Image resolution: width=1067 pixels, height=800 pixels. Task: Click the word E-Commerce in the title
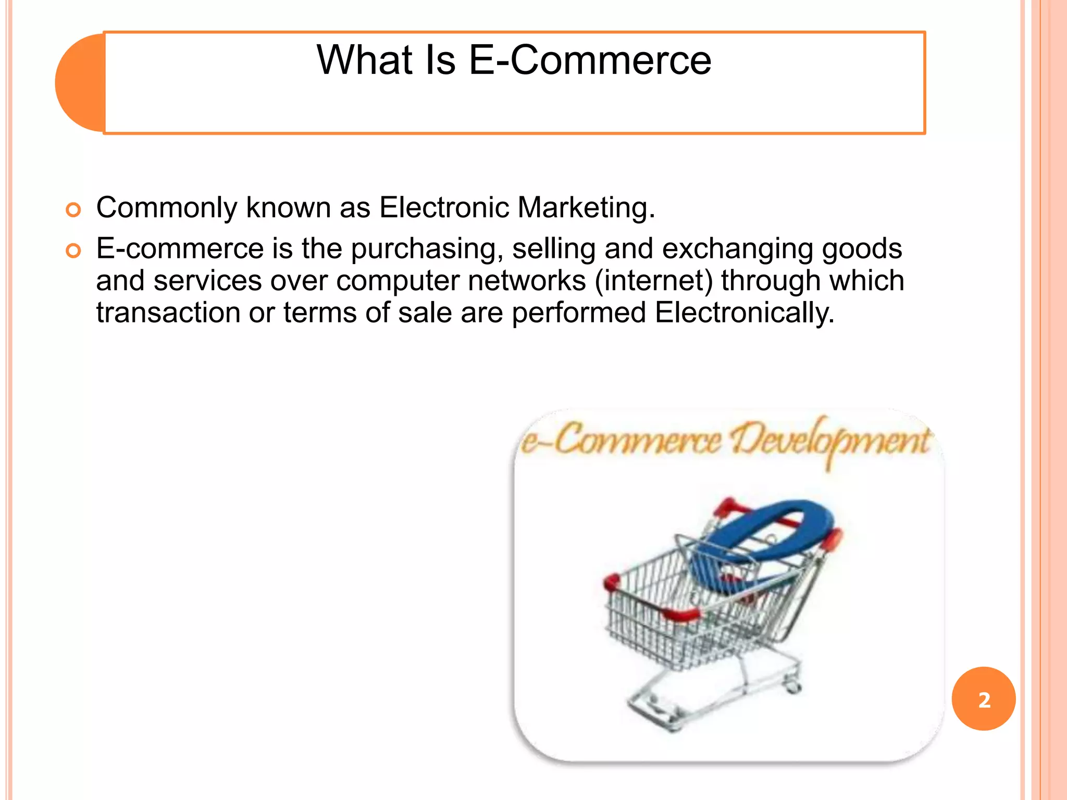point(590,60)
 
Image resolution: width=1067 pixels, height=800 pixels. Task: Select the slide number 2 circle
point(983,699)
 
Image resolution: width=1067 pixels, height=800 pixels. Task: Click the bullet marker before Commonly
point(73,210)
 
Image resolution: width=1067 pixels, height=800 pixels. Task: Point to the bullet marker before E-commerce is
point(73,251)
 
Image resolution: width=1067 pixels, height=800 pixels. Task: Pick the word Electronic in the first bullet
point(444,207)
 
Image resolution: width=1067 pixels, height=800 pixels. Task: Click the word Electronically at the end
point(744,312)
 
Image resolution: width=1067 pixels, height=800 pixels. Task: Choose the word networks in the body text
point(527,281)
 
